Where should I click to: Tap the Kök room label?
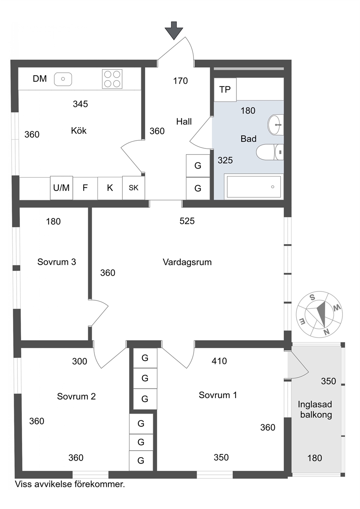coord(79,131)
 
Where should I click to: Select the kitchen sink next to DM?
coord(63,79)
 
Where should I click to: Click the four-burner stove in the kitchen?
coord(112,79)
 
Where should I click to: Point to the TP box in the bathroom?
coord(225,90)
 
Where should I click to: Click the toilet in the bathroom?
coord(270,152)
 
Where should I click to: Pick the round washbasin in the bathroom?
coord(276,125)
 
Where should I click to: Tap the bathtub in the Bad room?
coord(254,187)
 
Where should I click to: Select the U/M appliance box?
coord(61,188)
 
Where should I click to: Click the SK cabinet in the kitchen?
coord(134,188)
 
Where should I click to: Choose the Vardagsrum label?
coord(187,262)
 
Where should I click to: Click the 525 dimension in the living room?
coord(187,221)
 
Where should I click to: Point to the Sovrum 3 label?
coord(57,262)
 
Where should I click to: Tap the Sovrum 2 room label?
coord(76,396)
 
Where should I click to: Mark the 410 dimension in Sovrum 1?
coord(219,361)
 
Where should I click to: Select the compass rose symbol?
coord(319,314)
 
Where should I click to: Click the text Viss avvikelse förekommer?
coord(70,484)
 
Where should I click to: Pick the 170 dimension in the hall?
coord(180,81)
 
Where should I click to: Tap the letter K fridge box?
coord(110,188)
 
